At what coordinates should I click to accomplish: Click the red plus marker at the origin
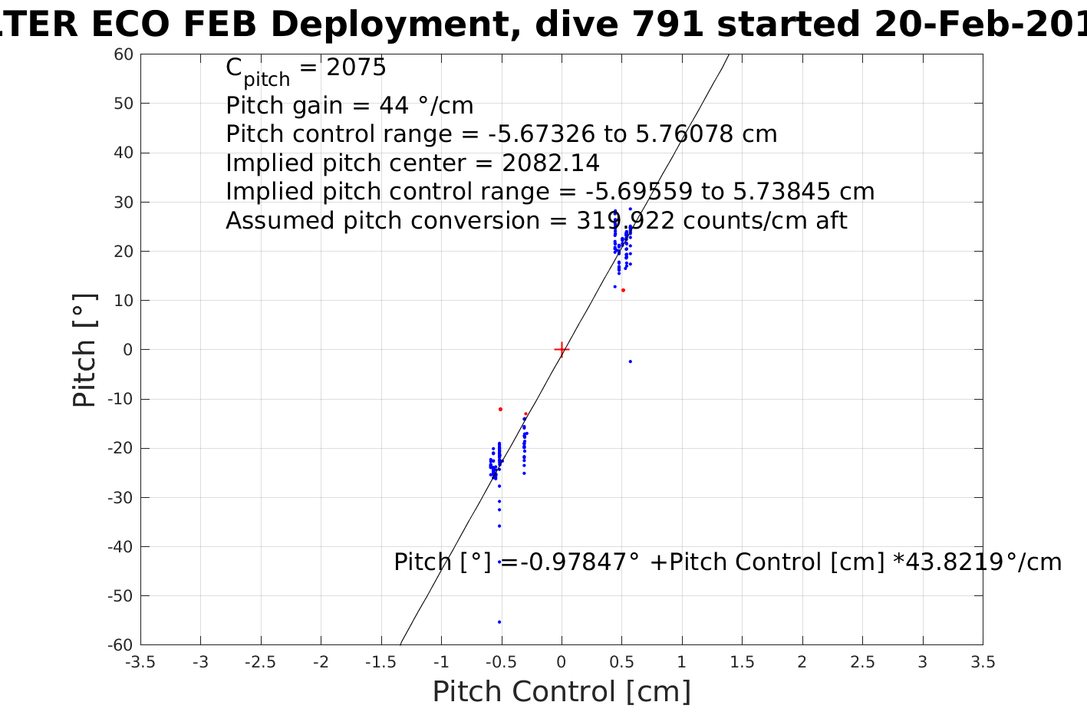point(562,350)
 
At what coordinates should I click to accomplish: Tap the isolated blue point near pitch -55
point(499,622)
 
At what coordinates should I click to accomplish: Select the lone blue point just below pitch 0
point(631,361)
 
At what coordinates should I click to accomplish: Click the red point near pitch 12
point(623,290)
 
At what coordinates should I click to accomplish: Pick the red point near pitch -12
point(500,409)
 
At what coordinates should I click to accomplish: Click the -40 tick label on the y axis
point(121,547)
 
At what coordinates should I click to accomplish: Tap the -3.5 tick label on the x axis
point(140,662)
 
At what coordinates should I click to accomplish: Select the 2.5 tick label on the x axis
point(862,662)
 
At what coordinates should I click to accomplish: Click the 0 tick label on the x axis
point(562,662)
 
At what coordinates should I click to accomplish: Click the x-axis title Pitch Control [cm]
point(562,692)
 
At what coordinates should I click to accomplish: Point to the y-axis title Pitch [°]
point(84,350)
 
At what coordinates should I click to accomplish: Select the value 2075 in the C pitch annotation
point(356,68)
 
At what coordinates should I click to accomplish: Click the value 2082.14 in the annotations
point(551,163)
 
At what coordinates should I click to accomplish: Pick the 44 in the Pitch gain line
point(372,105)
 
